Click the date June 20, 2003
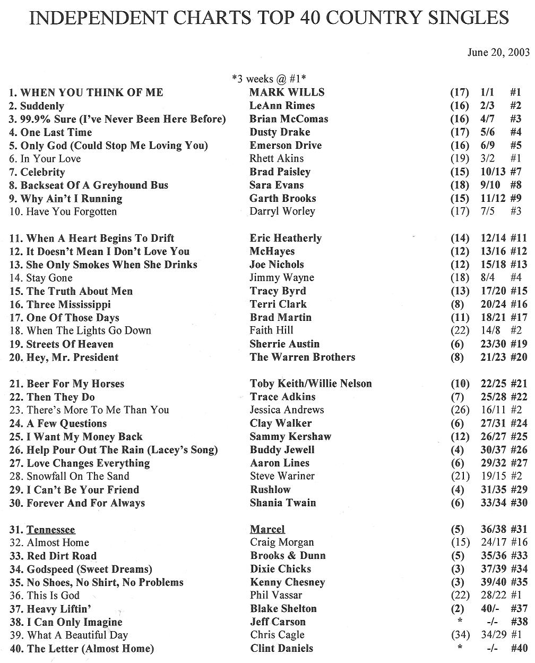[x=498, y=53]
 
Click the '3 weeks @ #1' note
[x=269, y=79]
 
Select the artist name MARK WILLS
[x=287, y=92]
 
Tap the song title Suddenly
[x=42, y=106]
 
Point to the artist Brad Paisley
[x=280, y=172]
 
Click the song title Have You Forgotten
[x=71, y=211]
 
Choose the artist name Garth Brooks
[x=282, y=198]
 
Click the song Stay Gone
[x=49, y=278]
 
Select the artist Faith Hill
[x=271, y=330]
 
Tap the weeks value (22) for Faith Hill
[x=460, y=330]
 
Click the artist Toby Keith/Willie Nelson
[x=310, y=384]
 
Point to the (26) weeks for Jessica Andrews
[x=460, y=410]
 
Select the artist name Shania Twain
[x=282, y=503]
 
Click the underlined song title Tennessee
[x=51, y=530]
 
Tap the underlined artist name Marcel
[x=267, y=529]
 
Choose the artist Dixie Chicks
[x=280, y=569]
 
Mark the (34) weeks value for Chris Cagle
[x=460, y=635]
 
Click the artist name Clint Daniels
[x=281, y=648]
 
